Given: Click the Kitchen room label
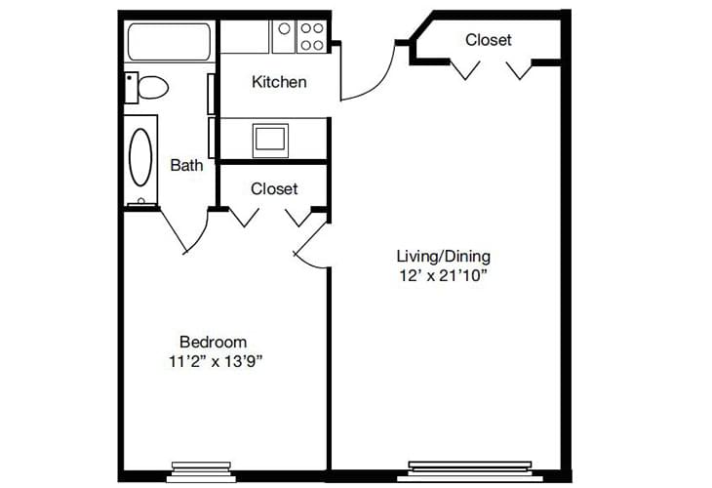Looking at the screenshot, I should click(x=279, y=82).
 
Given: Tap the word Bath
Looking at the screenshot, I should click(x=186, y=165).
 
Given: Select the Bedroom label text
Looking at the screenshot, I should click(x=213, y=342).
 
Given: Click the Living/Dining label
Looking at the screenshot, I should click(x=443, y=256).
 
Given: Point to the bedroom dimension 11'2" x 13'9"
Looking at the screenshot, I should click(x=216, y=361).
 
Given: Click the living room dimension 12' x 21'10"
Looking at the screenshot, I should click(x=443, y=275).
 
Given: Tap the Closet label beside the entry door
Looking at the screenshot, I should click(x=488, y=40).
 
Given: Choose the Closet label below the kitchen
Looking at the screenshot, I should click(x=274, y=188).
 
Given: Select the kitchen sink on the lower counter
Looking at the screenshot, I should click(x=270, y=139).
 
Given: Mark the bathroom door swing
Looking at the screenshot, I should click(x=185, y=232).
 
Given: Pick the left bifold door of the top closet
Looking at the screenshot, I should click(x=466, y=68).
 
